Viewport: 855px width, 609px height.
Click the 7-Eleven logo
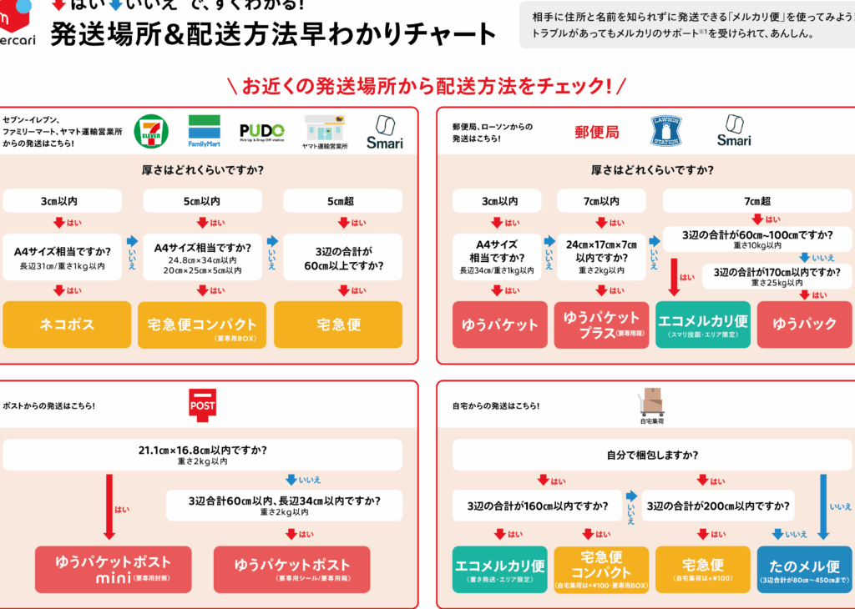[x=151, y=131]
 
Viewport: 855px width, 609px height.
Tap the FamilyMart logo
[x=204, y=131]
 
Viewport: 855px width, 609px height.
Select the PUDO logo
[x=261, y=131]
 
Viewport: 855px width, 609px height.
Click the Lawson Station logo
[x=666, y=131]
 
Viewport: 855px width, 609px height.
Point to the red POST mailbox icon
[x=205, y=405]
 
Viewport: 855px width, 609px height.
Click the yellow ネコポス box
[x=67, y=325]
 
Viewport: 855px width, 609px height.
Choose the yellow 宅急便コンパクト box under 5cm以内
[x=202, y=325]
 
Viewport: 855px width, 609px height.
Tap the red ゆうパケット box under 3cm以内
[x=500, y=325]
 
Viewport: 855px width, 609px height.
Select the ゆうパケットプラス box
[x=601, y=325]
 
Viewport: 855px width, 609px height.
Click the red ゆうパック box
[x=805, y=325]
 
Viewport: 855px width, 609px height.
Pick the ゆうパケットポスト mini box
[x=114, y=569]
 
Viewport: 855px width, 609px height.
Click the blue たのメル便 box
[x=804, y=569]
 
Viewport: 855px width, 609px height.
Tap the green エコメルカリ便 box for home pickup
[x=500, y=569]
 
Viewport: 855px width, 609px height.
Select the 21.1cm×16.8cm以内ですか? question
[x=203, y=455]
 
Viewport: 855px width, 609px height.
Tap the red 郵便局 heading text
[x=597, y=132]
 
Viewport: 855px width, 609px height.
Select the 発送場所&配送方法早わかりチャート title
[x=273, y=34]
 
